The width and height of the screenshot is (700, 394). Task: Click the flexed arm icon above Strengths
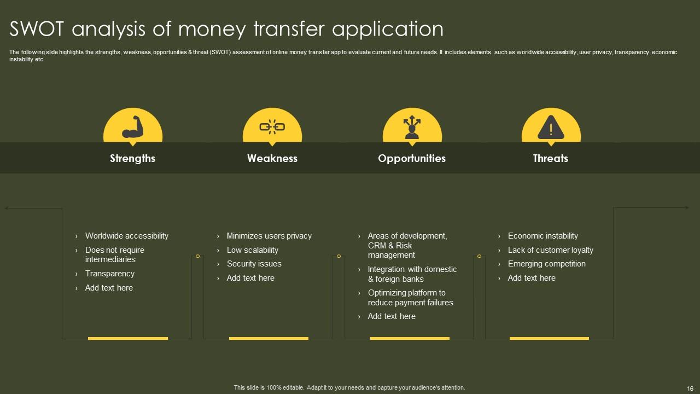click(132, 127)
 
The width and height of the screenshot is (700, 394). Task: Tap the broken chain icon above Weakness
click(272, 127)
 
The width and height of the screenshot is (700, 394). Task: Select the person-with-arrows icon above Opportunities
click(412, 127)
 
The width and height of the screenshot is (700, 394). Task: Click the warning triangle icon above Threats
click(551, 129)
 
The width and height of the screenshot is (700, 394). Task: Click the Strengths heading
click(132, 159)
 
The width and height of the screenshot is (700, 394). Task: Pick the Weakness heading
click(272, 159)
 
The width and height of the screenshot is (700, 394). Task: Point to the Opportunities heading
click(412, 159)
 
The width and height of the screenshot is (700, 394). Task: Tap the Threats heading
click(551, 159)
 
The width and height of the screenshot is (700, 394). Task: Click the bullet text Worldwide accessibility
click(126, 236)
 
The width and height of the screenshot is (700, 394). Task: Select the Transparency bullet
click(109, 274)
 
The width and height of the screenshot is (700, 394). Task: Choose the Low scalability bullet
click(252, 250)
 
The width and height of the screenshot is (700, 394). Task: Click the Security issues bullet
click(254, 264)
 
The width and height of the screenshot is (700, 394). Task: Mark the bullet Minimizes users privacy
click(269, 236)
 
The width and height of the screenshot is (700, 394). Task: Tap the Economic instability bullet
click(542, 236)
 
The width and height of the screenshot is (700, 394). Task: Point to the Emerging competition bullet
click(546, 264)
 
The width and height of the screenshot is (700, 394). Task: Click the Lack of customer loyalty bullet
click(550, 250)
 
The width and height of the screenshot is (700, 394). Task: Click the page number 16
click(689, 387)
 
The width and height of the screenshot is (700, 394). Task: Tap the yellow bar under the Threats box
click(549, 338)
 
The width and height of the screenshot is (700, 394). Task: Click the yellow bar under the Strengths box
click(128, 338)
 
